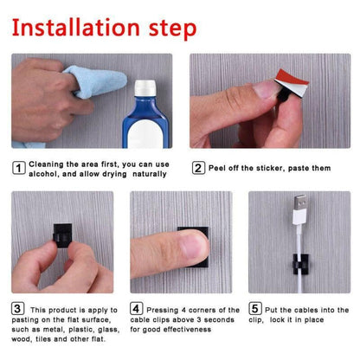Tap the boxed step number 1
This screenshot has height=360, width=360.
coord(17,169)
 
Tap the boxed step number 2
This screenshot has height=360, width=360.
coord(198,169)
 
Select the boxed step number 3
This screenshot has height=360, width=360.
coord(17,308)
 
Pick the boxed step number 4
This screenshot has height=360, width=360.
coord(136,308)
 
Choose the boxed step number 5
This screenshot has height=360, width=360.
coord(254,308)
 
